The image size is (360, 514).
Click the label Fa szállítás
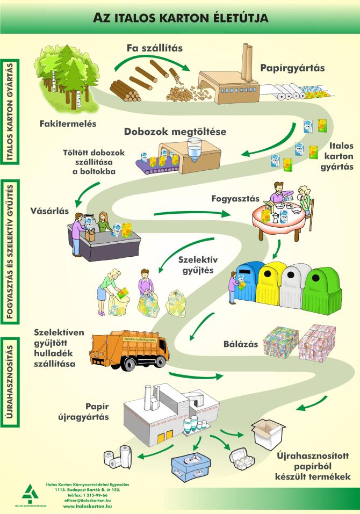pos(155,48)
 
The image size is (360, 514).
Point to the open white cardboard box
pos(268,433)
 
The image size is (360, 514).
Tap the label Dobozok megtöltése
pos(175,132)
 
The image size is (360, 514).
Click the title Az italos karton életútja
pos(181,18)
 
